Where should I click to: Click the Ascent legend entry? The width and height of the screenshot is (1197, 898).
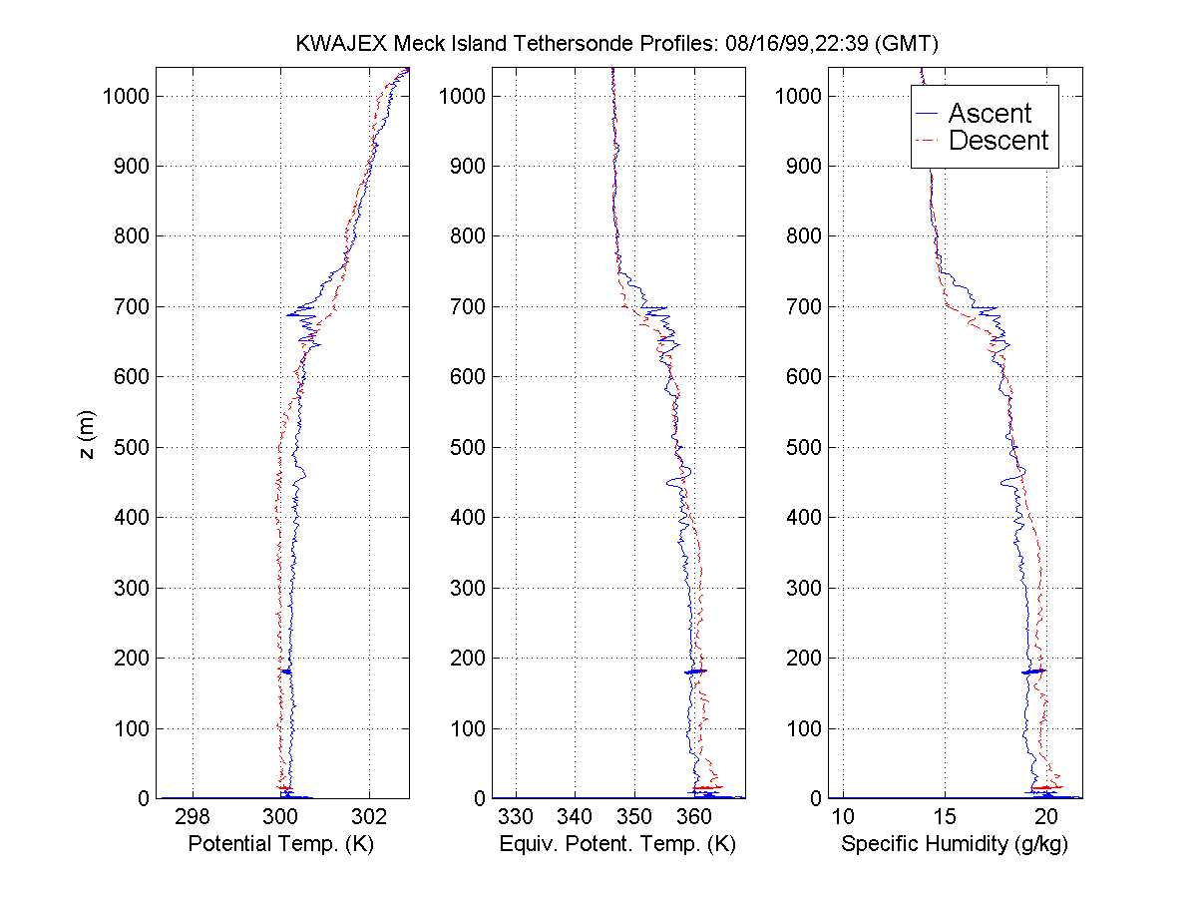pos(989,113)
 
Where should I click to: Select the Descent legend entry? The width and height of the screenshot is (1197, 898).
pos(997,141)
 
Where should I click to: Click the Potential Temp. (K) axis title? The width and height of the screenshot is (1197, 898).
pos(281,844)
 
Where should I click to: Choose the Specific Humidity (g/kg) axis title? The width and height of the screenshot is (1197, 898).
pos(955,844)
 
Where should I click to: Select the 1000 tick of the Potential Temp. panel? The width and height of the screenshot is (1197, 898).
pos(127,96)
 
